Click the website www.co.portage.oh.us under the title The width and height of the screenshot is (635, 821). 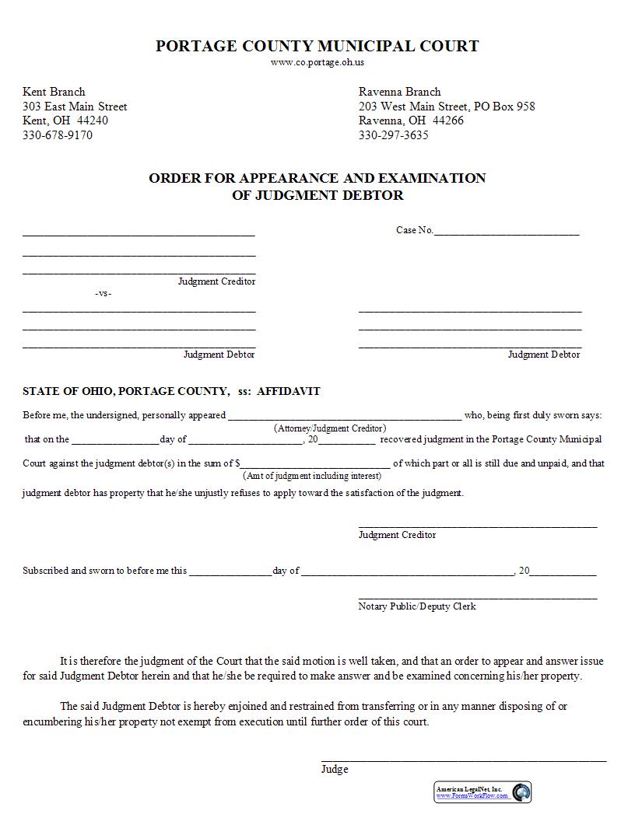[x=317, y=63]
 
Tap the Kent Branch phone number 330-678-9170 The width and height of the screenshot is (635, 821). [x=58, y=135]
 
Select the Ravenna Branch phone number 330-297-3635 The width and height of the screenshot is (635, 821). [x=393, y=135]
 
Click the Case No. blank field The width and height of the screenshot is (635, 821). [x=506, y=230]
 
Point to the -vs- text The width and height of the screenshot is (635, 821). [x=103, y=294]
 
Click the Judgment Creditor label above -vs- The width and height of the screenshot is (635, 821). [x=216, y=281]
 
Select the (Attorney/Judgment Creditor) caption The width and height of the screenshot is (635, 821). [x=330, y=428]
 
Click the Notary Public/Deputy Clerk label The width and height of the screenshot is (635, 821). [x=417, y=606]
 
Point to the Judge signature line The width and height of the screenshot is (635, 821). [x=464, y=760]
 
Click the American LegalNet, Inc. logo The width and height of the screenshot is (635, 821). [x=482, y=792]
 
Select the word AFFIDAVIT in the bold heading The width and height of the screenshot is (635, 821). [x=289, y=392]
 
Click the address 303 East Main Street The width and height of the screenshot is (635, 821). [x=75, y=107]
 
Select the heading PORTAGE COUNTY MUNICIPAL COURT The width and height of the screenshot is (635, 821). [x=317, y=46]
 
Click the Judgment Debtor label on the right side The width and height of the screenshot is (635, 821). [x=544, y=355]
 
